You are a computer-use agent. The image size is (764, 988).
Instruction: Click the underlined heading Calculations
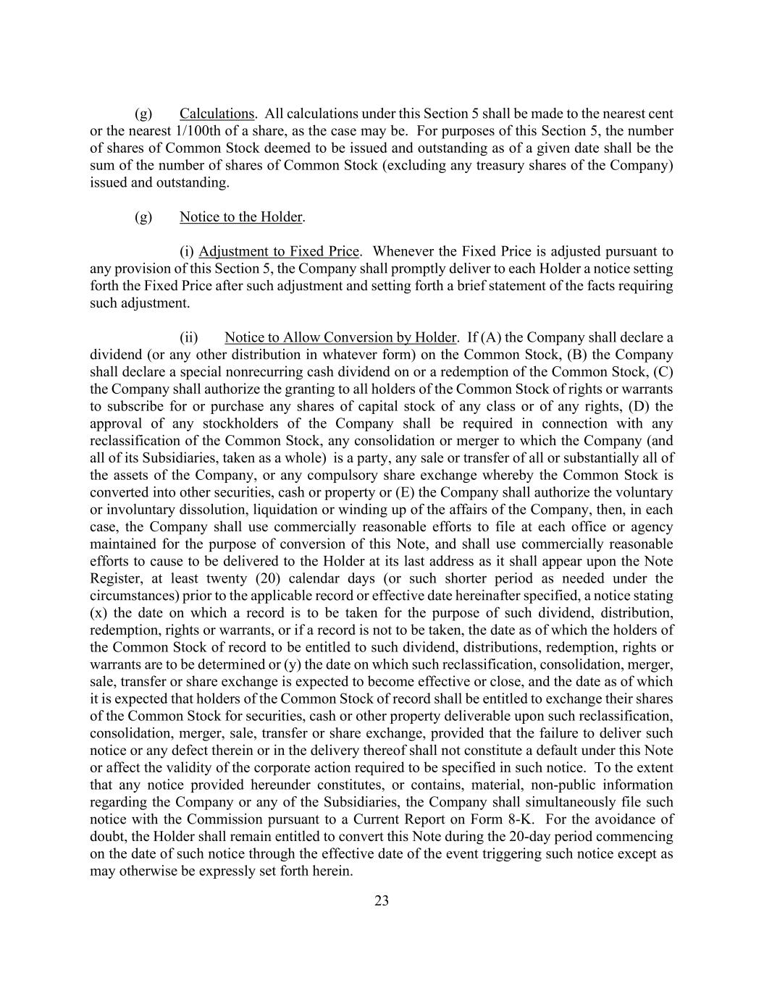point(217,114)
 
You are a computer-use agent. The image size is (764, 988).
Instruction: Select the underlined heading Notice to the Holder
point(241,217)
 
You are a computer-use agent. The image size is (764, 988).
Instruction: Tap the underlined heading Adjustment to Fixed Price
point(279,252)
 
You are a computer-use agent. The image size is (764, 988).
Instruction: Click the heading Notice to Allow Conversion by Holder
point(340,338)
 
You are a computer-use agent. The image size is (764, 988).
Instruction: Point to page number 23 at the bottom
point(382,901)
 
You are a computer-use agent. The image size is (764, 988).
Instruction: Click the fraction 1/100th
point(201,131)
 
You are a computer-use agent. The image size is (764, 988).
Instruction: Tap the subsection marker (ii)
point(189,338)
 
